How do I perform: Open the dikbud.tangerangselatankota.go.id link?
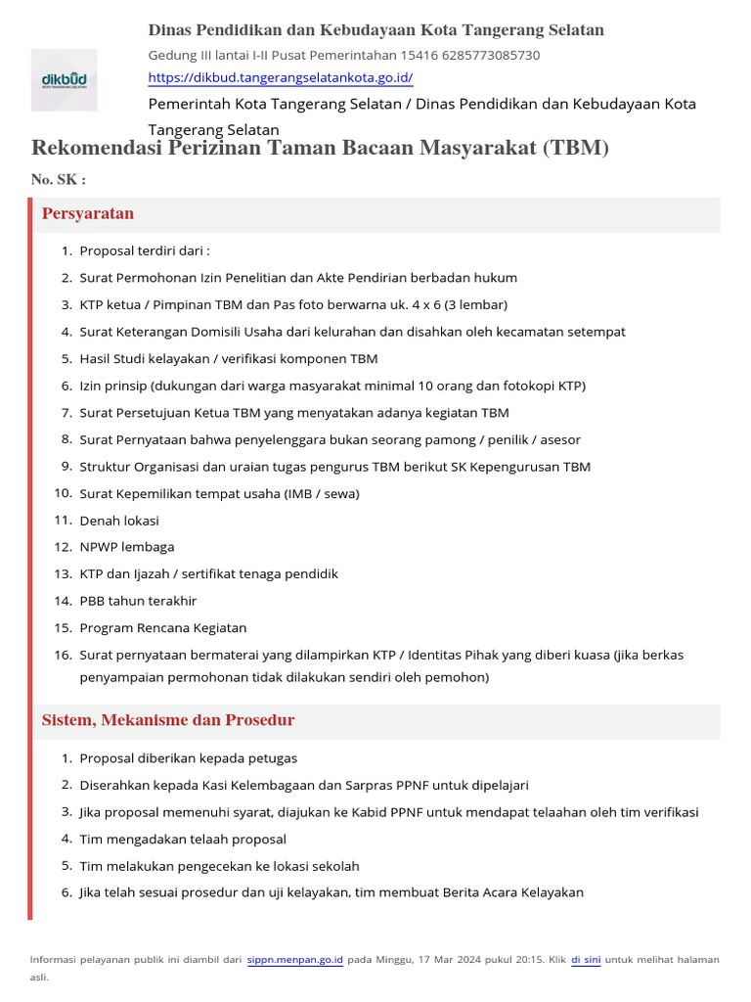pos(280,77)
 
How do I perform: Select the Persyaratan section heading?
pos(88,213)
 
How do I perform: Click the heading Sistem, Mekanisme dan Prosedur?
pos(167,720)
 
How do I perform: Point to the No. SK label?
pos(58,180)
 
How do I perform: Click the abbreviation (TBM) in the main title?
pos(574,148)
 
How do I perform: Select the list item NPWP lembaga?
pos(127,547)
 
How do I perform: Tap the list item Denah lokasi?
pos(119,521)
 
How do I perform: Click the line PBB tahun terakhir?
pos(138,601)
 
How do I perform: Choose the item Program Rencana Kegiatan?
pos(163,627)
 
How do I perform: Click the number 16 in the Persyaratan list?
pos(64,655)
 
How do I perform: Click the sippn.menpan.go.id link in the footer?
pos(294,960)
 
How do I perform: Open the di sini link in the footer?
pos(585,960)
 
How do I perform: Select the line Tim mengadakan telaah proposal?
pos(183,839)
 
